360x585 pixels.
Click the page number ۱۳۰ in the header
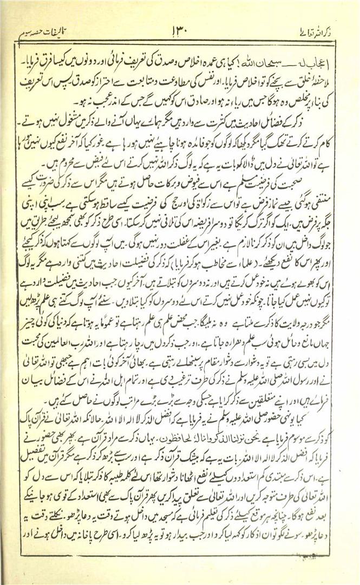click(180, 29)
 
